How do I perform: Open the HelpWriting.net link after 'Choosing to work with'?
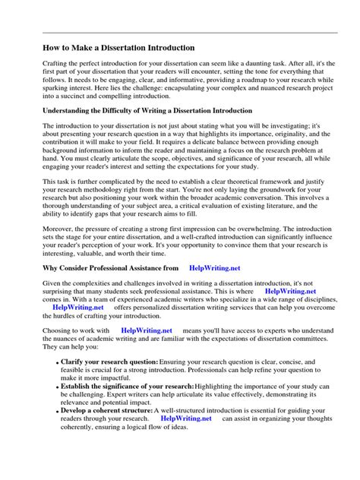[x=147, y=330]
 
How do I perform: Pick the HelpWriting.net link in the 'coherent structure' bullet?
[x=186, y=417]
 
